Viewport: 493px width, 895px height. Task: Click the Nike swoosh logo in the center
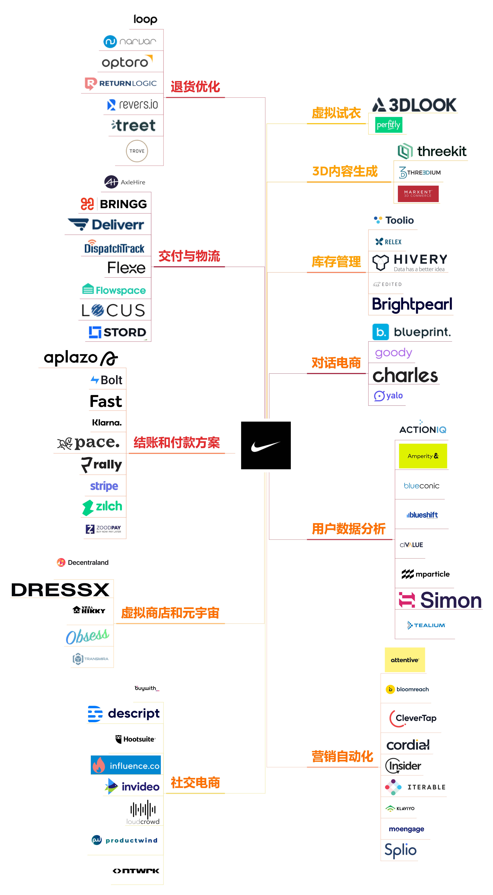pos(266,445)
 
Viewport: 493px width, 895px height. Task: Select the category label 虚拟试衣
pos(336,113)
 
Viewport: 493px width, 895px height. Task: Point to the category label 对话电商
pos(336,363)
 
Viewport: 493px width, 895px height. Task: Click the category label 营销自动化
pos(342,756)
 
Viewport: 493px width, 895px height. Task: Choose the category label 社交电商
pos(195,783)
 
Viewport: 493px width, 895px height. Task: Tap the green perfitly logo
pos(388,125)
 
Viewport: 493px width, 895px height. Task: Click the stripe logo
pos(104,486)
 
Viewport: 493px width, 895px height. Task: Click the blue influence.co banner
pos(126,765)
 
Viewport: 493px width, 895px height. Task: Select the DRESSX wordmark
pos(60,590)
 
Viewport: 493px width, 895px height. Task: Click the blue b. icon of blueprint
pos(380,332)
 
